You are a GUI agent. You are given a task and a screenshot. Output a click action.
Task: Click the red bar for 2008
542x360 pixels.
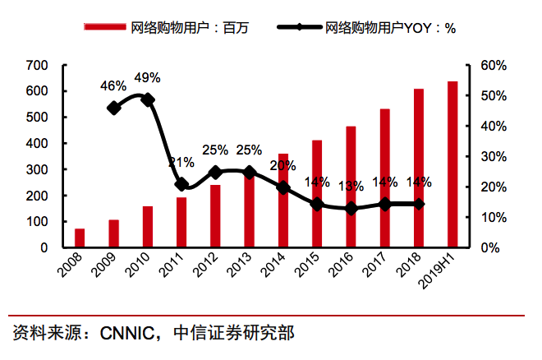point(80,238)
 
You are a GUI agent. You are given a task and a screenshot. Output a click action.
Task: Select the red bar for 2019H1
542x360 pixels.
point(452,164)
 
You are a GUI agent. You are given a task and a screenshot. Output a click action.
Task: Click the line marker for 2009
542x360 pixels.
point(114,107)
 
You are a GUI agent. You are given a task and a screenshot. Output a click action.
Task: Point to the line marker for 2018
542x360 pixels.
point(419,204)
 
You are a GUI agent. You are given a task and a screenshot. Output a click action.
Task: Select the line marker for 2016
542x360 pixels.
point(351,209)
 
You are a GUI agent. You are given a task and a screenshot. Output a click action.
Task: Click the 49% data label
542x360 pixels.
point(147,78)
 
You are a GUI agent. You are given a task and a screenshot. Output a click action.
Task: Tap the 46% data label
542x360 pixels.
point(113,85)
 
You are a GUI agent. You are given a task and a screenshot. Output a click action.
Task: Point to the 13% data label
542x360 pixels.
point(351,186)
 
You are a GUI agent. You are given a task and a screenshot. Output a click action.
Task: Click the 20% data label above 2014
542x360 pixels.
point(282,166)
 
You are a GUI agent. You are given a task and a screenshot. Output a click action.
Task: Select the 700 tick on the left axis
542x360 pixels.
point(38,65)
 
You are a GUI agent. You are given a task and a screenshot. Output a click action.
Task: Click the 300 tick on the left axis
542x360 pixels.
point(38,169)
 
